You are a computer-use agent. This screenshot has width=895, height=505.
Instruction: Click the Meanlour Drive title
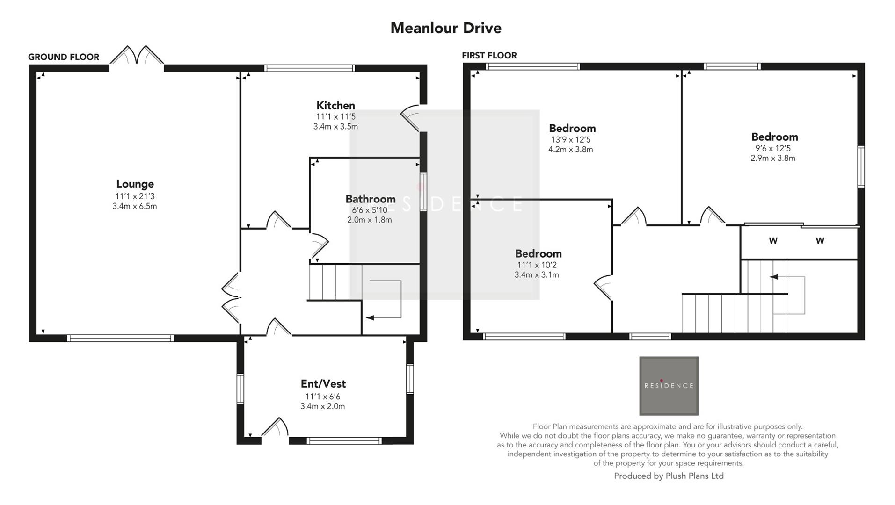tap(445, 28)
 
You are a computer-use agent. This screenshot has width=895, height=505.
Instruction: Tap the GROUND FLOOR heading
tap(64, 57)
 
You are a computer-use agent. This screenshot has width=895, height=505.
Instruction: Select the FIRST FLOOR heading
tap(489, 55)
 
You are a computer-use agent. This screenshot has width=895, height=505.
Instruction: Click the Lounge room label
tap(135, 184)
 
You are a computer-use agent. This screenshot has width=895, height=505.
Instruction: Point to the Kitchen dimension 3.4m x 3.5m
tap(335, 126)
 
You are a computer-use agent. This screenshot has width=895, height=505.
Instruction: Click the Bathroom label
tap(370, 199)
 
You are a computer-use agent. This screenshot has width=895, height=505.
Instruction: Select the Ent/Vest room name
tap(323, 384)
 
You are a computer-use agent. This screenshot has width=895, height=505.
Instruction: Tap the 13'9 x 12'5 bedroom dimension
tap(570, 139)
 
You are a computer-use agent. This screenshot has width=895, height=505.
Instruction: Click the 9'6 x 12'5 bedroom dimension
tap(772, 148)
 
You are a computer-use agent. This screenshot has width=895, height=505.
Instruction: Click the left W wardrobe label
tap(773, 241)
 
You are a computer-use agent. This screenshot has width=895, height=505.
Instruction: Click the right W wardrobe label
tap(820, 241)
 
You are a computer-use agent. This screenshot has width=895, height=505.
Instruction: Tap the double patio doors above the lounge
tap(137, 56)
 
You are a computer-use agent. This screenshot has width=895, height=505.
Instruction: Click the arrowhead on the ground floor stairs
tap(370, 318)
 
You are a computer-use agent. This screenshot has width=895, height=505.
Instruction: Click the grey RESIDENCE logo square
tap(669, 386)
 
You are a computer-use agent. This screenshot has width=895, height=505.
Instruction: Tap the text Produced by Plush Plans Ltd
tap(669, 476)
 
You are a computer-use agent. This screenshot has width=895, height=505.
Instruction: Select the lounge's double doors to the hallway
tap(232, 298)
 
